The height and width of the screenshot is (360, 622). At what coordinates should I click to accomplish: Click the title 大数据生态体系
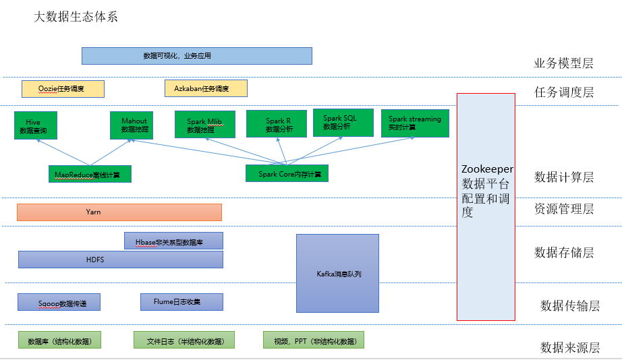(76, 16)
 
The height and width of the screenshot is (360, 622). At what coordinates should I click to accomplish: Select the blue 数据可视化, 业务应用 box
(196, 55)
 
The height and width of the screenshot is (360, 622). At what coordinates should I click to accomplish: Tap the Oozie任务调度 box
(63, 88)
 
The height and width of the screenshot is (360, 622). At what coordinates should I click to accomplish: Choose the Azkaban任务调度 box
(206, 88)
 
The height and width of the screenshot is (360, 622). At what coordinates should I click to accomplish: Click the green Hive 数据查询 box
(36, 126)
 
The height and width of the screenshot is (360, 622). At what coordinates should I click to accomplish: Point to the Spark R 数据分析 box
(279, 125)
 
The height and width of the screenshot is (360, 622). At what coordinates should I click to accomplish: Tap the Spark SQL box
(343, 123)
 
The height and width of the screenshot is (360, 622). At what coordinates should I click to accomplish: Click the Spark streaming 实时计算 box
(414, 123)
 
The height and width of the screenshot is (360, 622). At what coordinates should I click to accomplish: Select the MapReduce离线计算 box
(90, 175)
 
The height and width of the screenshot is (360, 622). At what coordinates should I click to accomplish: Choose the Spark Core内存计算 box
(287, 174)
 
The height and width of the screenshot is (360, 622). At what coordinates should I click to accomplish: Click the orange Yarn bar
(119, 212)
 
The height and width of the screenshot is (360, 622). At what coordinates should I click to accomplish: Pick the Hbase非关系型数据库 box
(173, 241)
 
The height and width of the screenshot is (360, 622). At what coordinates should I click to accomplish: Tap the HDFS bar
(120, 259)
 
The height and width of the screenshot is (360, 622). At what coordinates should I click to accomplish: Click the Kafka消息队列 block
(337, 273)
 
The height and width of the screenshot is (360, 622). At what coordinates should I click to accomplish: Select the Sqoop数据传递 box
(59, 302)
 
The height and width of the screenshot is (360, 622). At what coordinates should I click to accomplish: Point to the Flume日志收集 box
(181, 301)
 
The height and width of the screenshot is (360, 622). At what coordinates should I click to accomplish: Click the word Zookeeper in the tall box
(487, 169)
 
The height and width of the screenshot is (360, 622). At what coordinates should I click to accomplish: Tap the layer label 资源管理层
(563, 209)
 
